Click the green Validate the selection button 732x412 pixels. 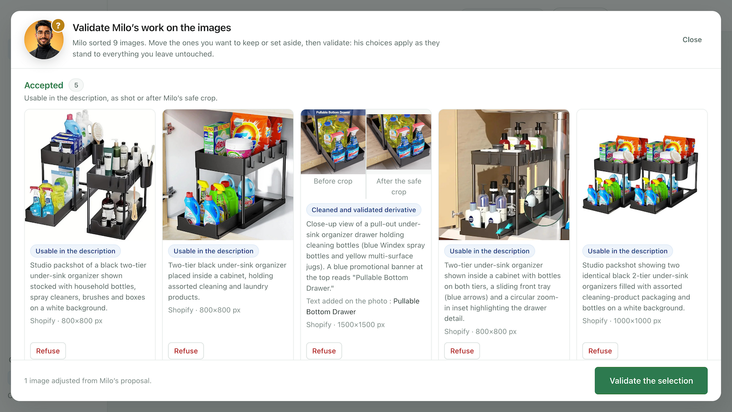[651, 380]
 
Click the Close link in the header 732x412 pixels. [692, 39]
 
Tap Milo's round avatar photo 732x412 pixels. [44, 40]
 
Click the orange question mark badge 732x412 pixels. [58, 26]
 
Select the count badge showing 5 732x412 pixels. [76, 85]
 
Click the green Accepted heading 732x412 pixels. [43, 85]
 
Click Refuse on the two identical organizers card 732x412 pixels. [600, 351]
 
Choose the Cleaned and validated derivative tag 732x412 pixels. [364, 210]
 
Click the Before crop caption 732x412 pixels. [333, 181]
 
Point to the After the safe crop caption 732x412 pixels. [398, 186]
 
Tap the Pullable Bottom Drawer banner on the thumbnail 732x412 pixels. [333, 112]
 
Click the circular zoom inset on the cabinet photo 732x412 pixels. [544, 206]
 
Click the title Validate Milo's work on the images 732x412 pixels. [151, 28]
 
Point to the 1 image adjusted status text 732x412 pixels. [87, 380]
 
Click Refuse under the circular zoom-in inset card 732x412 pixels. [462, 351]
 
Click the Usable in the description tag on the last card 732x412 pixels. [627, 251]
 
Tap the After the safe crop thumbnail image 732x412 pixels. [398, 142]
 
